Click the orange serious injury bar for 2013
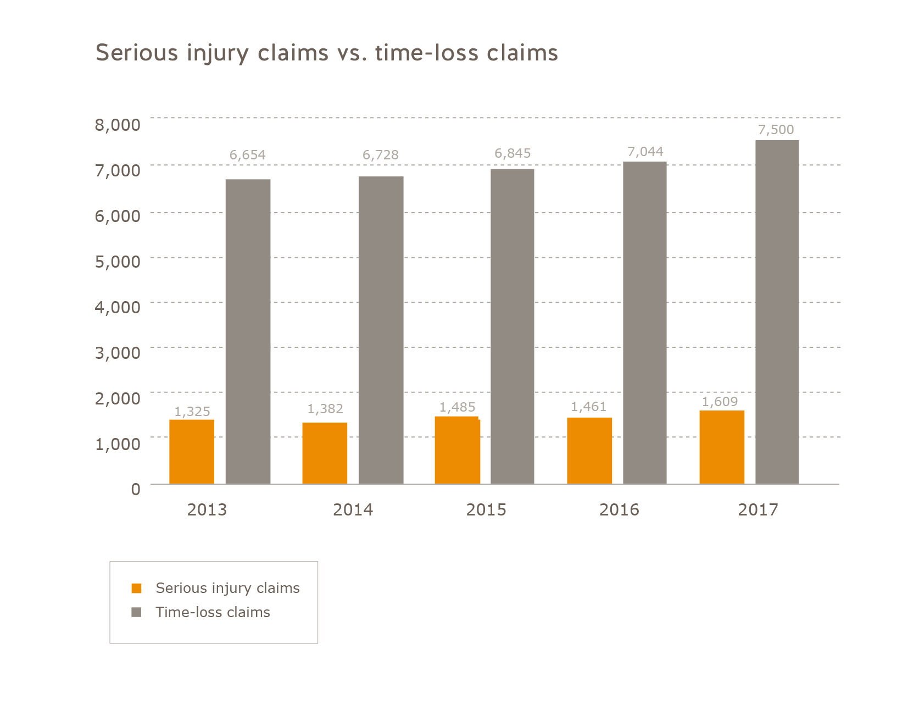click(x=192, y=452)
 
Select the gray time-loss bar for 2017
click(x=777, y=312)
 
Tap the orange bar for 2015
click(x=457, y=450)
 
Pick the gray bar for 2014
click(x=381, y=330)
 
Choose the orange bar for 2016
click(x=589, y=451)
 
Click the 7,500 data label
click(x=776, y=130)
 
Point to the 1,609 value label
click(x=720, y=402)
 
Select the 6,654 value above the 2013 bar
click(x=247, y=155)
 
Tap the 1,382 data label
click(x=325, y=409)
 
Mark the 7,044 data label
click(x=645, y=152)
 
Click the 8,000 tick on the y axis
click(x=118, y=125)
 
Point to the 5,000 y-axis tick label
click(x=118, y=261)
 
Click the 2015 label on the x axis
click(x=486, y=510)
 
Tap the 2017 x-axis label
click(x=758, y=510)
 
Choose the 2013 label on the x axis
click(x=207, y=510)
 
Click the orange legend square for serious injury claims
click(x=137, y=589)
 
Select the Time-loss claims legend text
click(x=213, y=612)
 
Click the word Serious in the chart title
click(x=137, y=53)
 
